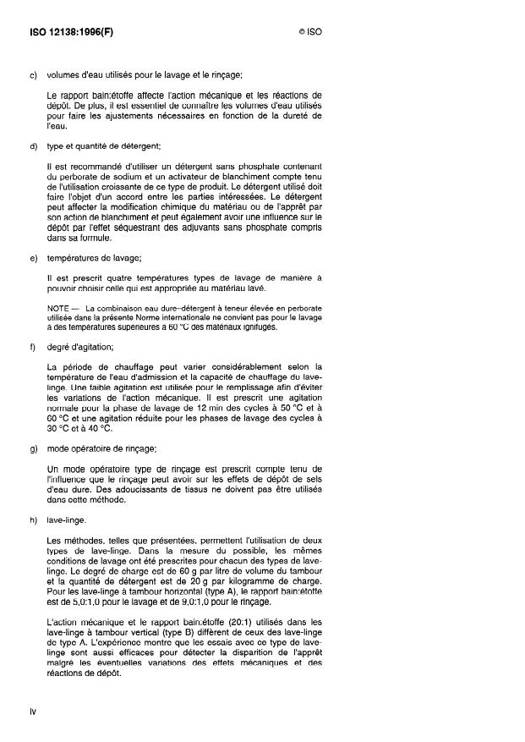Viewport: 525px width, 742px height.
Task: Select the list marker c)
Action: [33, 77]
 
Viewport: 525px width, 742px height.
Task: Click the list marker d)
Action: [33, 149]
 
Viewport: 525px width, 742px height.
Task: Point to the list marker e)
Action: [33, 256]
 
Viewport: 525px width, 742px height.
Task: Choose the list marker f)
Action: [32, 345]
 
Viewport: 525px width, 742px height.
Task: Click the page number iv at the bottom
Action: [33, 712]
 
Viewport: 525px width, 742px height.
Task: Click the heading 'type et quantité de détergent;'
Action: [98, 149]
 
